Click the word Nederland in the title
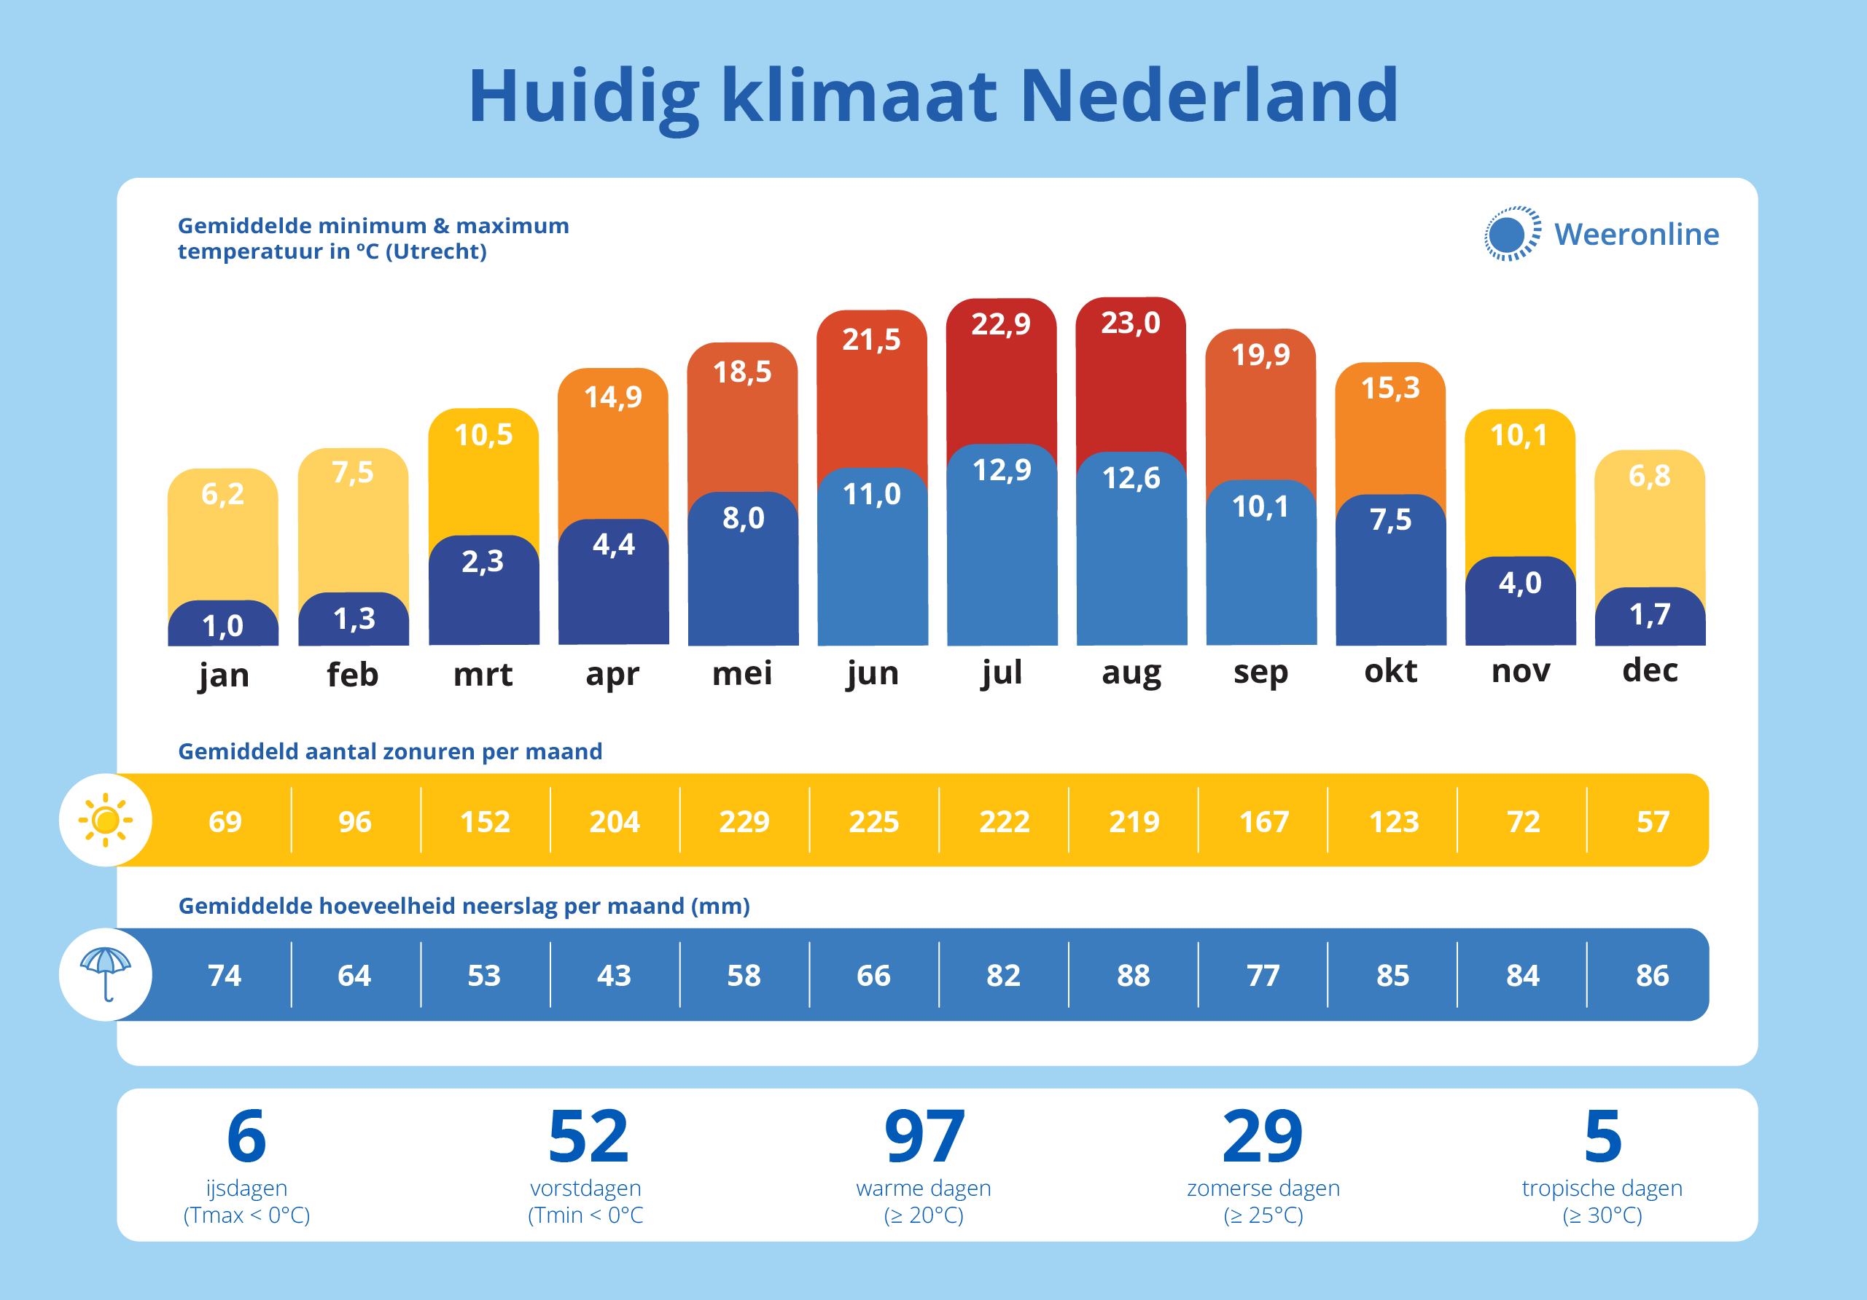pyautogui.click(x=1209, y=96)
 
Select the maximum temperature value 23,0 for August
pyautogui.click(x=1130, y=324)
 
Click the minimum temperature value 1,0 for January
pyautogui.click(x=223, y=626)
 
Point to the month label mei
pyautogui.click(x=742, y=673)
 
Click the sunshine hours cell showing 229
pyautogui.click(x=744, y=822)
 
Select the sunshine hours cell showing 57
pyautogui.click(x=1653, y=822)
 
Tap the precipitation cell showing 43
pyautogui.click(x=614, y=976)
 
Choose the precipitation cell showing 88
pyautogui.click(x=1134, y=976)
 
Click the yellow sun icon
pyautogui.click(x=106, y=821)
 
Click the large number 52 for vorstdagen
pyautogui.click(x=588, y=1137)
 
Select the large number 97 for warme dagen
pyautogui.click(x=924, y=1137)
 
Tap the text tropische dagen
pyautogui.click(x=1602, y=1189)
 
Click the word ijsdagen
pyautogui.click(x=246, y=1189)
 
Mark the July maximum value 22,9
pyautogui.click(x=1001, y=324)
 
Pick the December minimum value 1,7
pyautogui.click(x=1650, y=614)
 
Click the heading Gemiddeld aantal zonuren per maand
pyautogui.click(x=390, y=751)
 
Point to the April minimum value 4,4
pyautogui.click(x=613, y=544)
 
